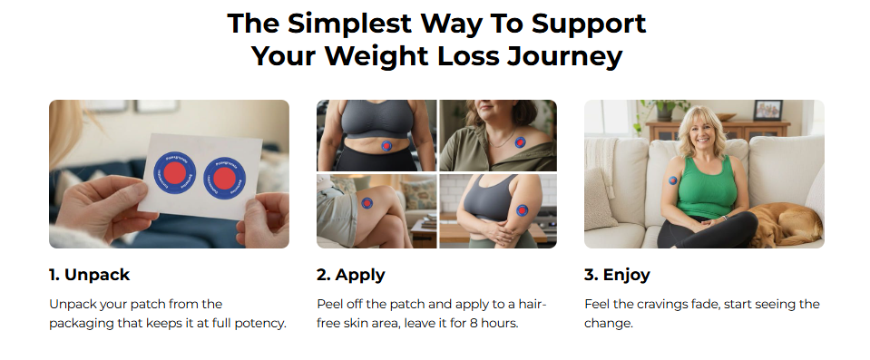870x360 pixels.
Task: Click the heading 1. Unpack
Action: click(x=89, y=275)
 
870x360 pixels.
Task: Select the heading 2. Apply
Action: click(x=351, y=275)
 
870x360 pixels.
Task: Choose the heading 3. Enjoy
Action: click(x=617, y=275)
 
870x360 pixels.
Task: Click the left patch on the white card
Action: click(x=174, y=172)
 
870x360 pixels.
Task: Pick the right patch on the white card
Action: click(x=224, y=178)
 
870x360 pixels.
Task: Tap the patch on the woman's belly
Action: click(x=386, y=146)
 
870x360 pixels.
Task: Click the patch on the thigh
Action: click(x=367, y=203)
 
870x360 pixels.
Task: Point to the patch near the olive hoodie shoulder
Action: click(x=520, y=142)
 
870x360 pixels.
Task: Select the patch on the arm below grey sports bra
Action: click(x=522, y=210)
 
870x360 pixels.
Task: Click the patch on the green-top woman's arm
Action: click(x=673, y=180)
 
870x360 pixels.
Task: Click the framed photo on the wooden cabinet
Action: click(x=767, y=111)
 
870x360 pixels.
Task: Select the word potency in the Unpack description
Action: click(x=262, y=324)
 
